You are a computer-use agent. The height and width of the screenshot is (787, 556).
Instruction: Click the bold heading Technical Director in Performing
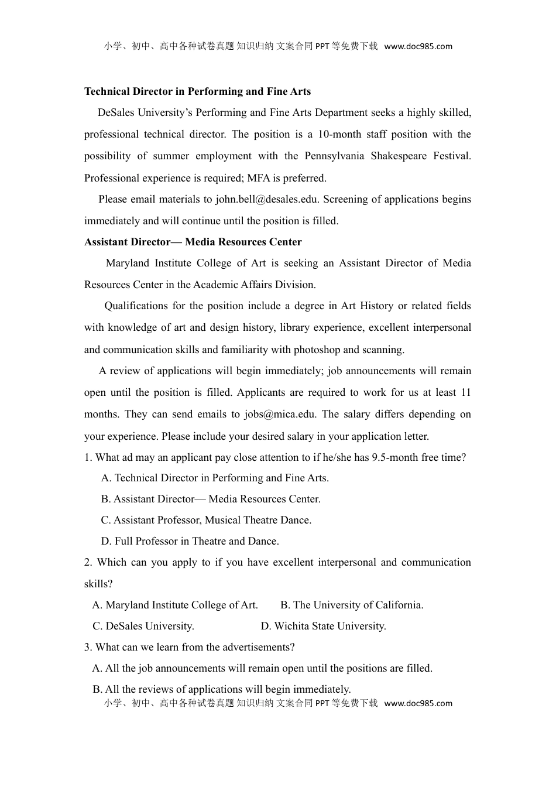[x=197, y=91]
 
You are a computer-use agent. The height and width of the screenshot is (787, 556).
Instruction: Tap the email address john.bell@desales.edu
[x=267, y=199]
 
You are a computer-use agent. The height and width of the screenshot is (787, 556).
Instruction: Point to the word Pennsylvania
[x=332, y=156]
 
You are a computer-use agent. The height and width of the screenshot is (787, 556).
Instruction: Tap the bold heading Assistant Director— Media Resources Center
[x=193, y=242]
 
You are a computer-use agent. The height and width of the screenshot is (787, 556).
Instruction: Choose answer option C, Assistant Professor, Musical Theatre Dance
[x=206, y=520]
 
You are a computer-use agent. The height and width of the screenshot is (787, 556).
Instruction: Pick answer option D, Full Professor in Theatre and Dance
[x=190, y=541]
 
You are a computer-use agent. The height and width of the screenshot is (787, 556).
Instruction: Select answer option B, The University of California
[x=352, y=605]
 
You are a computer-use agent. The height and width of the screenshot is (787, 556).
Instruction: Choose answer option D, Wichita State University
[x=323, y=626]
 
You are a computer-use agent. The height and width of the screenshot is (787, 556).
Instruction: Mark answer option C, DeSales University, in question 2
[x=143, y=626]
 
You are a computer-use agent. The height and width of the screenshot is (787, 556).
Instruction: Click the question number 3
[x=88, y=647]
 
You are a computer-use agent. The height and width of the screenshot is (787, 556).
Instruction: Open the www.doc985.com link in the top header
[x=418, y=47]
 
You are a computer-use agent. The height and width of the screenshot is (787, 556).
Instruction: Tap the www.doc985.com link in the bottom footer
[x=418, y=703]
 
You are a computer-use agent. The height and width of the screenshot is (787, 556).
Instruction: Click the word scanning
[x=383, y=350]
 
